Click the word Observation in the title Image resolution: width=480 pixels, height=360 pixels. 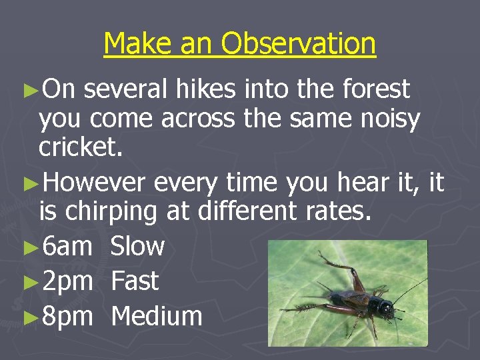point(299,44)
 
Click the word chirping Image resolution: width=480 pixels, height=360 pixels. point(117,213)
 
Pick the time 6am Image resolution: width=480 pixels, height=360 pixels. point(67,247)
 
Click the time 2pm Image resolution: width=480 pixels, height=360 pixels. point(67,281)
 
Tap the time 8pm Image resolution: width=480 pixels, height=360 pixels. point(67,316)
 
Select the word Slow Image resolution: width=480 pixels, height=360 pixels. point(137,247)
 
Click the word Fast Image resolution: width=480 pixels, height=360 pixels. point(135,281)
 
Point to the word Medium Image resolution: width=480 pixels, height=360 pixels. point(157,316)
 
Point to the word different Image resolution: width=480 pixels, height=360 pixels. point(248,212)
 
